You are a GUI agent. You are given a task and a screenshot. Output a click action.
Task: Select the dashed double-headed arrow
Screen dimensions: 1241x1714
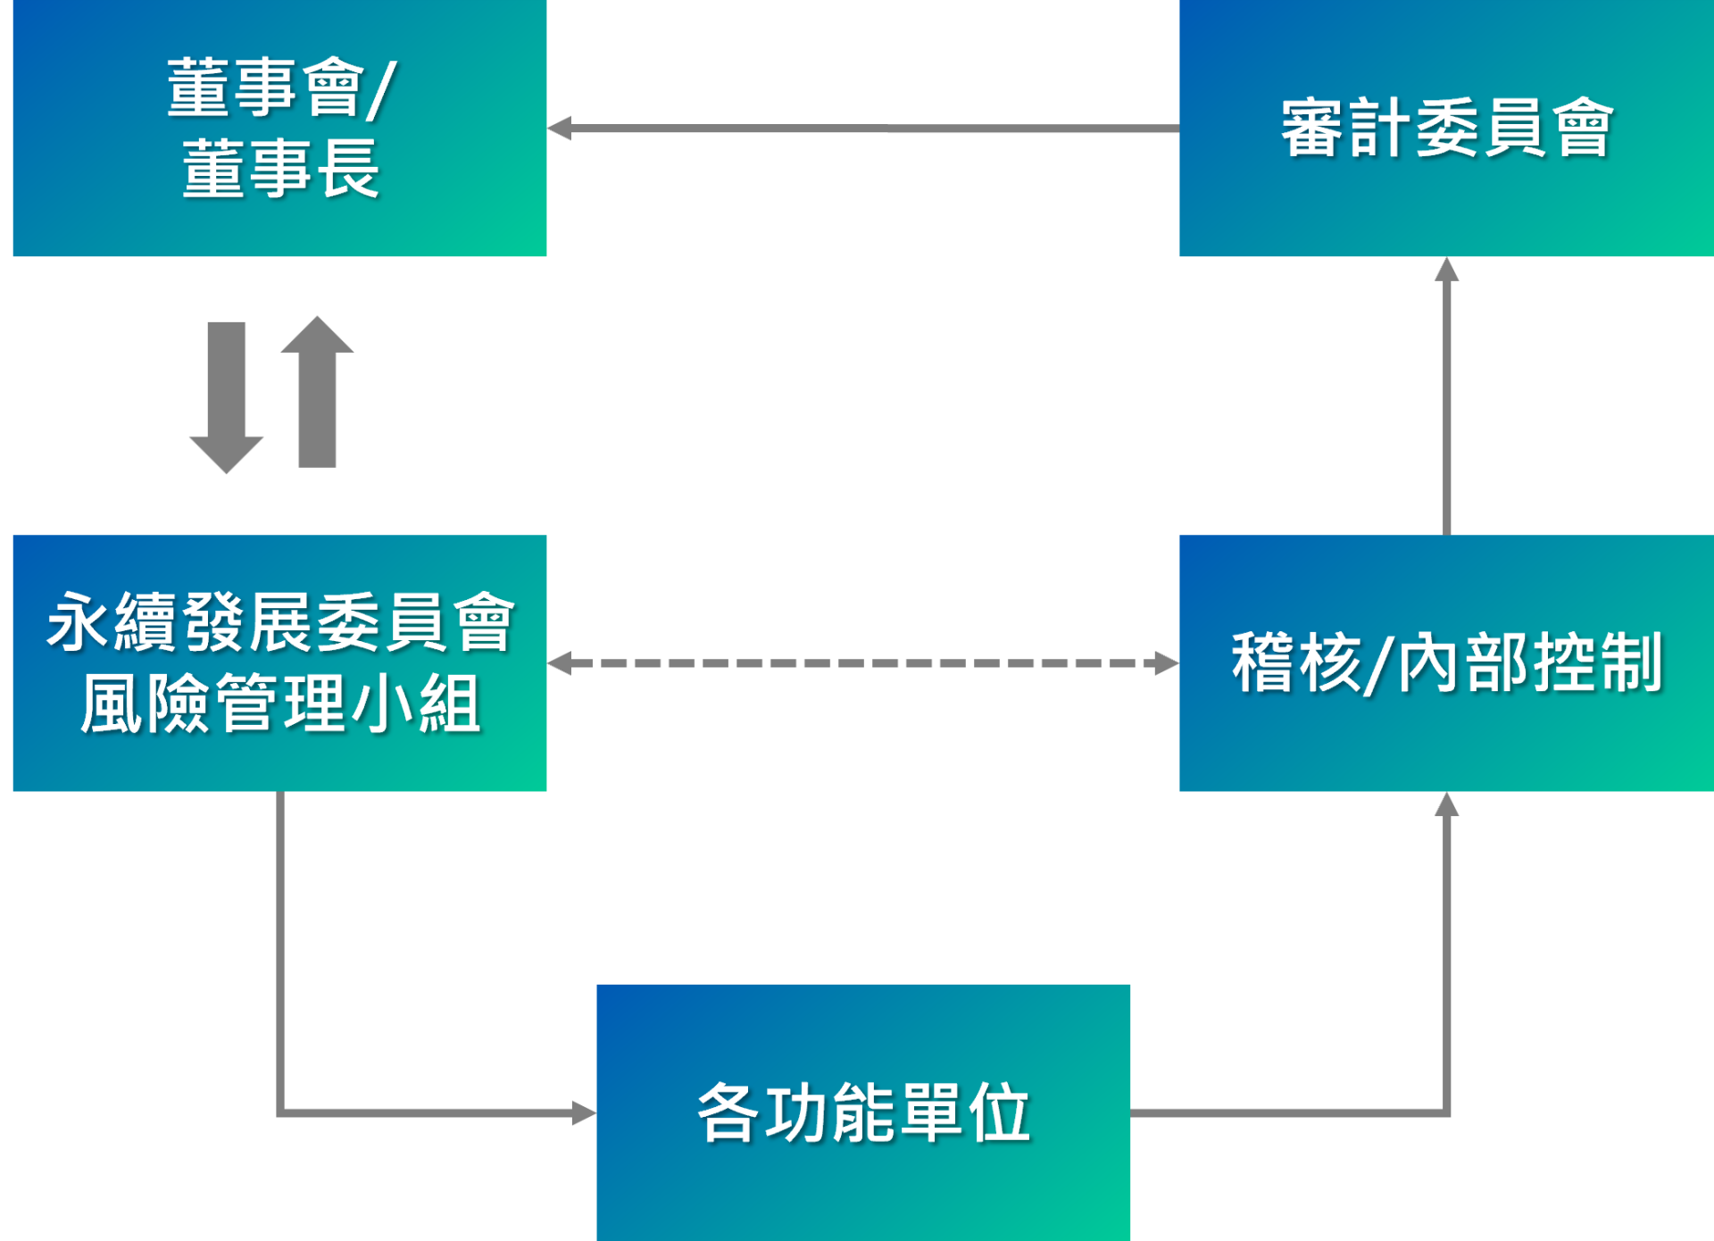pyautogui.click(x=862, y=663)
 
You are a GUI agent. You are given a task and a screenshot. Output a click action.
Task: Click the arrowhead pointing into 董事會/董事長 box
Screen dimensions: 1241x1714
pyautogui.click(x=560, y=129)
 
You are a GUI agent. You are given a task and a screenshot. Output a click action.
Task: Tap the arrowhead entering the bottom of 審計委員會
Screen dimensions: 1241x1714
pyautogui.click(x=1446, y=270)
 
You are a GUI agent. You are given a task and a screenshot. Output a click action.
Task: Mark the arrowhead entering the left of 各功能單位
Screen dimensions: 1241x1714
pyautogui.click(x=584, y=1112)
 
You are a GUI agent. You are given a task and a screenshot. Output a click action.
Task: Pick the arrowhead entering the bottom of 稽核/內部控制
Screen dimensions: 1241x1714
pyautogui.click(x=1446, y=804)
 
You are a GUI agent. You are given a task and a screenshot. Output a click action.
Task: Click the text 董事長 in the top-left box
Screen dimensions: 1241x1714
pyautogui.click(x=281, y=169)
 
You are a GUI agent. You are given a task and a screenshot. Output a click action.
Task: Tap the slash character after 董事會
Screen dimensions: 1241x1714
pyautogui.click(x=381, y=89)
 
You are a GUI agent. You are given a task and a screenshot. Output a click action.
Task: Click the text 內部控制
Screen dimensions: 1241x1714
pyautogui.click(x=1530, y=663)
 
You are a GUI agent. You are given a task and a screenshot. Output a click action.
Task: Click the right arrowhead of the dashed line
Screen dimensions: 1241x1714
pyautogui.click(x=1167, y=663)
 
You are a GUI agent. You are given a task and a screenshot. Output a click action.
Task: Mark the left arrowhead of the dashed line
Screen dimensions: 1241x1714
pyautogui.click(x=560, y=663)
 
